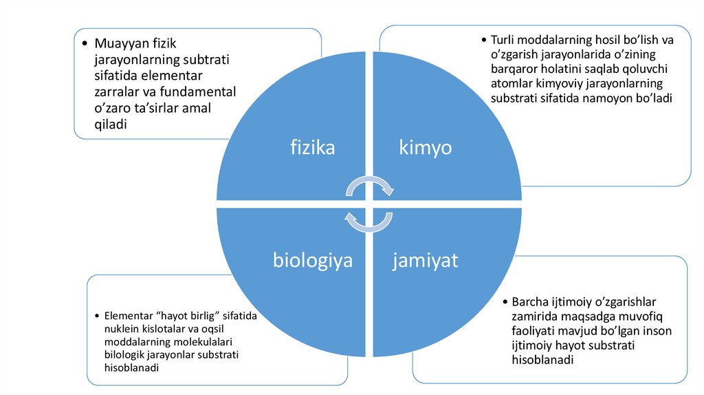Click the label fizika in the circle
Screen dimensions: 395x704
pyautogui.click(x=312, y=147)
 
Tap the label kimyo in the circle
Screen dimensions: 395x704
pyautogui.click(x=426, y=147)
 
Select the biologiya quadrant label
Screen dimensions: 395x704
pyautogui.click(x=313, y=261)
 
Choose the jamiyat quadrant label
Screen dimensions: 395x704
pyautogui.click(x=426, y=261)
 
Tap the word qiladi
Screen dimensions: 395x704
pyautogui.click(x=111, y=124)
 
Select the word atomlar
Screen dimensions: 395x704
pyautogui.click(x=514, y=84)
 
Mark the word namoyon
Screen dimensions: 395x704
pyautogui.click(x=617, y=98)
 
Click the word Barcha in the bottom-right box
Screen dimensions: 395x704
pyautogui.click(x=530, y=302)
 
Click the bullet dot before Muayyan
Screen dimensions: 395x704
pyautogui.click(x=85, y=43)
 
